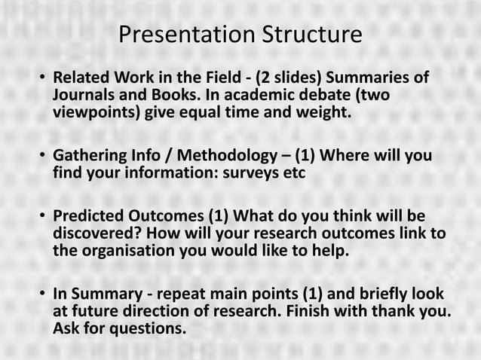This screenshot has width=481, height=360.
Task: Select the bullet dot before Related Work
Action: pyautogui.click(x=43, y=79)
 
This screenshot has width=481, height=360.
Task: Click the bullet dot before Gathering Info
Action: pyautogui.click(x=43, y=157)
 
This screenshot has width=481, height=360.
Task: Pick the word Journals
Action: pyautogui.click(x=81, y=97)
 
